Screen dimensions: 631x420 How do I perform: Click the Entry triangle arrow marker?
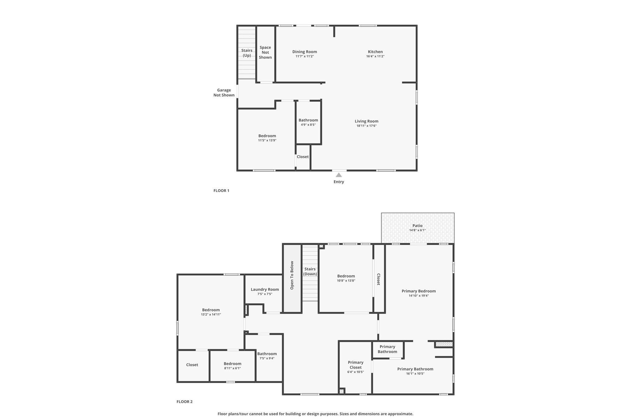point(339,175)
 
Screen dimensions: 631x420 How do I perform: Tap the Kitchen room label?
point(375,52)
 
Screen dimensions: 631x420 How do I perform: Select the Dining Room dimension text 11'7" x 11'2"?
point(305,56)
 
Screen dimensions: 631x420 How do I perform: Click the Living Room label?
point(366,121)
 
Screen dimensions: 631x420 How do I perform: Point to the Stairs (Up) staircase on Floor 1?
point(247,52)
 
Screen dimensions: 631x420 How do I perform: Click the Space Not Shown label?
point(265,52)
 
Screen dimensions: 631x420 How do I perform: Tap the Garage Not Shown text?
point(224,93)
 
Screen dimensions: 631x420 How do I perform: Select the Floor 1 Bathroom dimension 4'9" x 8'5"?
point(308,125)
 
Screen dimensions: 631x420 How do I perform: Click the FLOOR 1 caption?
point(221,190)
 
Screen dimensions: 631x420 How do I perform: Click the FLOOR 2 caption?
point(184,402)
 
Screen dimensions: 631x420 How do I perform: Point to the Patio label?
point(417,226)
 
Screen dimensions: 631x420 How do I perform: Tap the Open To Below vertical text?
point(292,275)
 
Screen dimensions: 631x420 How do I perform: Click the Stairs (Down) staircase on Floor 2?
point(310,273)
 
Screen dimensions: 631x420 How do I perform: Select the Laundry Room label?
point(265,289)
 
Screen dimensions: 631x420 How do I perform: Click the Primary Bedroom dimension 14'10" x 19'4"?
point(419,296)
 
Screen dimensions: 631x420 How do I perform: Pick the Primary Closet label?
point(356,365)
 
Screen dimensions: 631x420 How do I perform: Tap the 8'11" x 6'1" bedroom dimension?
point(232,368)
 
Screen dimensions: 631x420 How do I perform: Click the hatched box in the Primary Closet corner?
point(341,391)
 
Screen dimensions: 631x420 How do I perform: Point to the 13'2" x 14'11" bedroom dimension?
point(211,314)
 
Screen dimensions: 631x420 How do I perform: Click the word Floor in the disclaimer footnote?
point(223,414)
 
